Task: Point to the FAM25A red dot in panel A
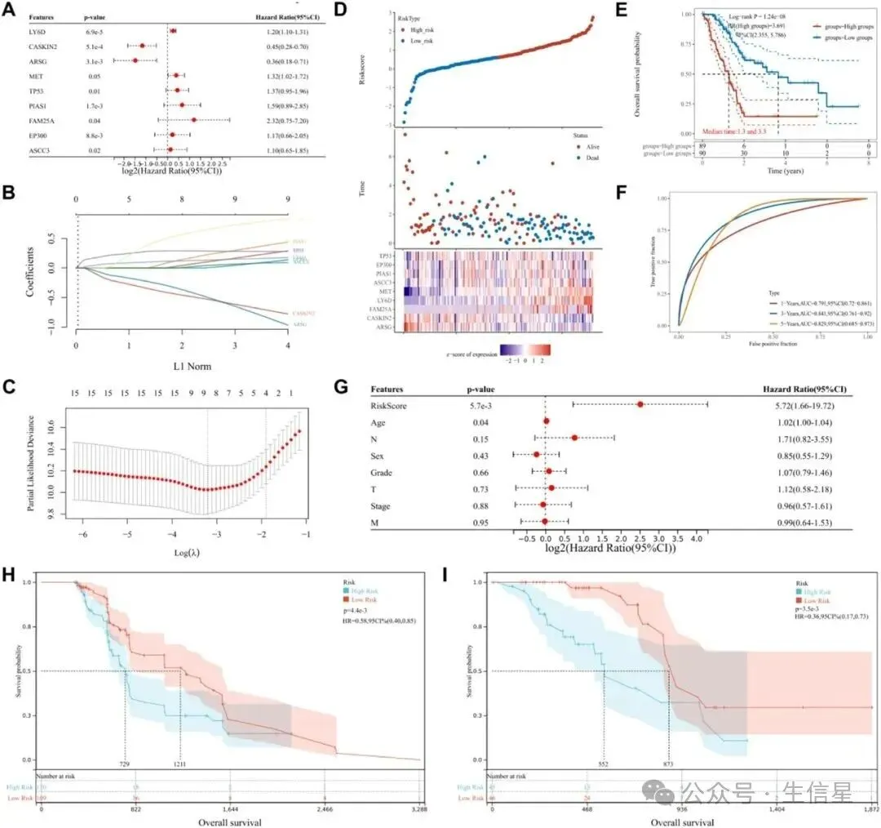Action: (x=194, y=120)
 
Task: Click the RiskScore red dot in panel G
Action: (x=640, y=404)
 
